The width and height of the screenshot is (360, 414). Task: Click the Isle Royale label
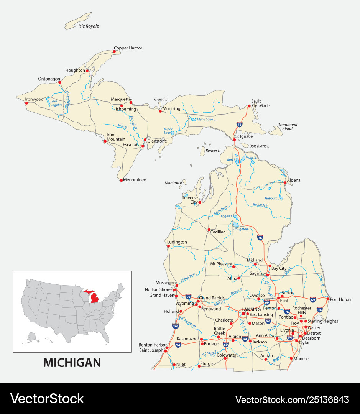(89, 26)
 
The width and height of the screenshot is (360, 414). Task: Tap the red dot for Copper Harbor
(114, 51)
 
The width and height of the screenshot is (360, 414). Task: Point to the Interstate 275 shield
(290, 338)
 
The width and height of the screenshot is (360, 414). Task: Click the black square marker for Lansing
(243, 314)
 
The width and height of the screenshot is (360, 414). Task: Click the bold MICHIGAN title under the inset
(72, 363)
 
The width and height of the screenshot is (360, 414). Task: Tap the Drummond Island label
(287, 127)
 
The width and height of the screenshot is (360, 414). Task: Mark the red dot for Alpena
(285, 183)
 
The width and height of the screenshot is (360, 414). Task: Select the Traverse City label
(190, 200)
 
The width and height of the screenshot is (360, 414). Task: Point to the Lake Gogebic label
(53, 103)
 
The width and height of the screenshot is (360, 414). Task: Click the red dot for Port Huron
(328, 299)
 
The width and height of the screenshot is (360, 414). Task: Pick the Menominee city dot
(121, 180)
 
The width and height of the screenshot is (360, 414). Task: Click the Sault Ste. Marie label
(256, 103)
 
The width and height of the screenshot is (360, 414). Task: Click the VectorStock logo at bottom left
(47, 399)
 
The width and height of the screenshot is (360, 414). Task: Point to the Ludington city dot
(168, 246)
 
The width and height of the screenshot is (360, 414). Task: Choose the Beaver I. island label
(213, 151)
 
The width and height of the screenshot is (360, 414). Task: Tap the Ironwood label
(35, 99)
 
